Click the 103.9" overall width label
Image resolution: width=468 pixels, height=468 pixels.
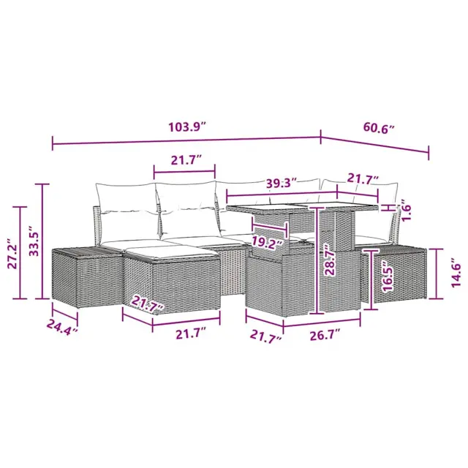pyautogui.click(x=187, y=127)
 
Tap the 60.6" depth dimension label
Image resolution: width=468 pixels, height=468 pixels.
pyautogui.click(x=379, y=129)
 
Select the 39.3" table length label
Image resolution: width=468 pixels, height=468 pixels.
pyautogui.click(x=281, y=183)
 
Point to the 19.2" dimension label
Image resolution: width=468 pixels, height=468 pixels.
pyautogui.click(x=267, y=243)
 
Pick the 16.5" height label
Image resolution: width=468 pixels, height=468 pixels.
pyautogui.click(x=388, y=276)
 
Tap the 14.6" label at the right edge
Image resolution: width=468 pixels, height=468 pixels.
pyautogui.click(x=456, y=273)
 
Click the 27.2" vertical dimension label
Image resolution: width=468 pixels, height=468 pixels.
pyautogui.click(x=13, y=254)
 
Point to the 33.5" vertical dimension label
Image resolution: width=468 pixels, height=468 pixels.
pyautogui.click(x=34, y=240)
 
